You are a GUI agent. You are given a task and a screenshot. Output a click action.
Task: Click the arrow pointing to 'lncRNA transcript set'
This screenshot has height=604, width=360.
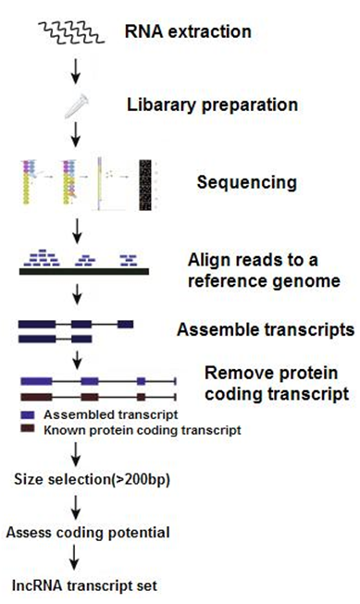[78, 559]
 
